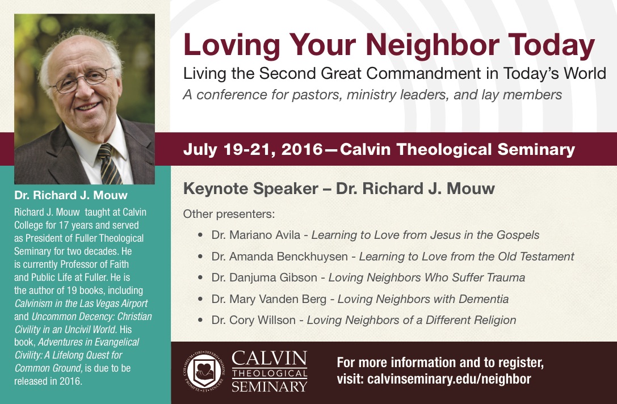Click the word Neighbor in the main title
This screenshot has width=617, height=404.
(x=433, y=45)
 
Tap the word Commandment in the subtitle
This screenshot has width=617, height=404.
(x=426, y=74)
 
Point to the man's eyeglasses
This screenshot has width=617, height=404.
(x=83, y=80)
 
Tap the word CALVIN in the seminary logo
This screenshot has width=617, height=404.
(x=269, y=359)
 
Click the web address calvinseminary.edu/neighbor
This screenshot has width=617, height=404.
(x=449, y=379)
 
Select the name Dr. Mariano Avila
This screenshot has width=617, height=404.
(x=256, y=235)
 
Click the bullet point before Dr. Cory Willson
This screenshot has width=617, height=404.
(x=200, y=320)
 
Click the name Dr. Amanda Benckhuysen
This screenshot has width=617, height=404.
(x=279, y=256)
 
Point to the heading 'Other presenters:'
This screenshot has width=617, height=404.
(x=229, y=214)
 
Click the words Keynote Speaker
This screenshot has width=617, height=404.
(x=251, y=189)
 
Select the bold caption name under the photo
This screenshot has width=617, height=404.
(x=71, y=195)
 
